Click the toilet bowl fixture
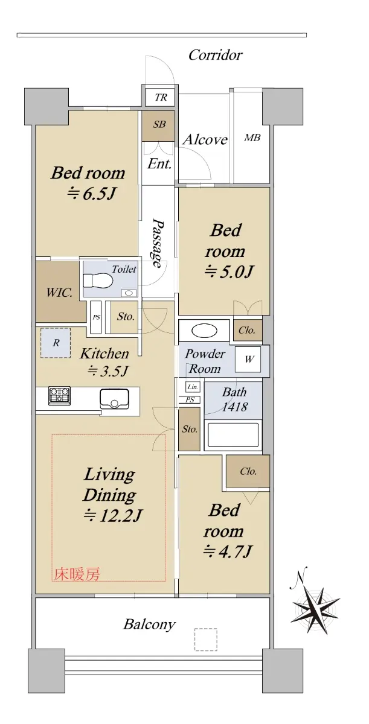click(98, 281)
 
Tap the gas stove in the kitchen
click(60, 396)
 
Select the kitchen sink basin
click(114, 399)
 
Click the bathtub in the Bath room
click(233, 435)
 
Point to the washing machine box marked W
click(248, 360)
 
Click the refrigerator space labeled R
click(56, 343)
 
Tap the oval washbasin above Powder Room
click(204, 331)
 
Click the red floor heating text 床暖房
click(77, 574)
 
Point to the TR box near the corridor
click(161, 97)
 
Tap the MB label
click(252, 138)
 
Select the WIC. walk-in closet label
click(59, 293)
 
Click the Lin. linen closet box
click(193, 387)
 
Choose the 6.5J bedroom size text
click(91, 194)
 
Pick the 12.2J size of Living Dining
click(112, 515)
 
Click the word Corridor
click(216, 55)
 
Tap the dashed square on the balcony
click(206, 639)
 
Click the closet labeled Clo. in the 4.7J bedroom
click(248, 471)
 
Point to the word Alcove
click(205, 139)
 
